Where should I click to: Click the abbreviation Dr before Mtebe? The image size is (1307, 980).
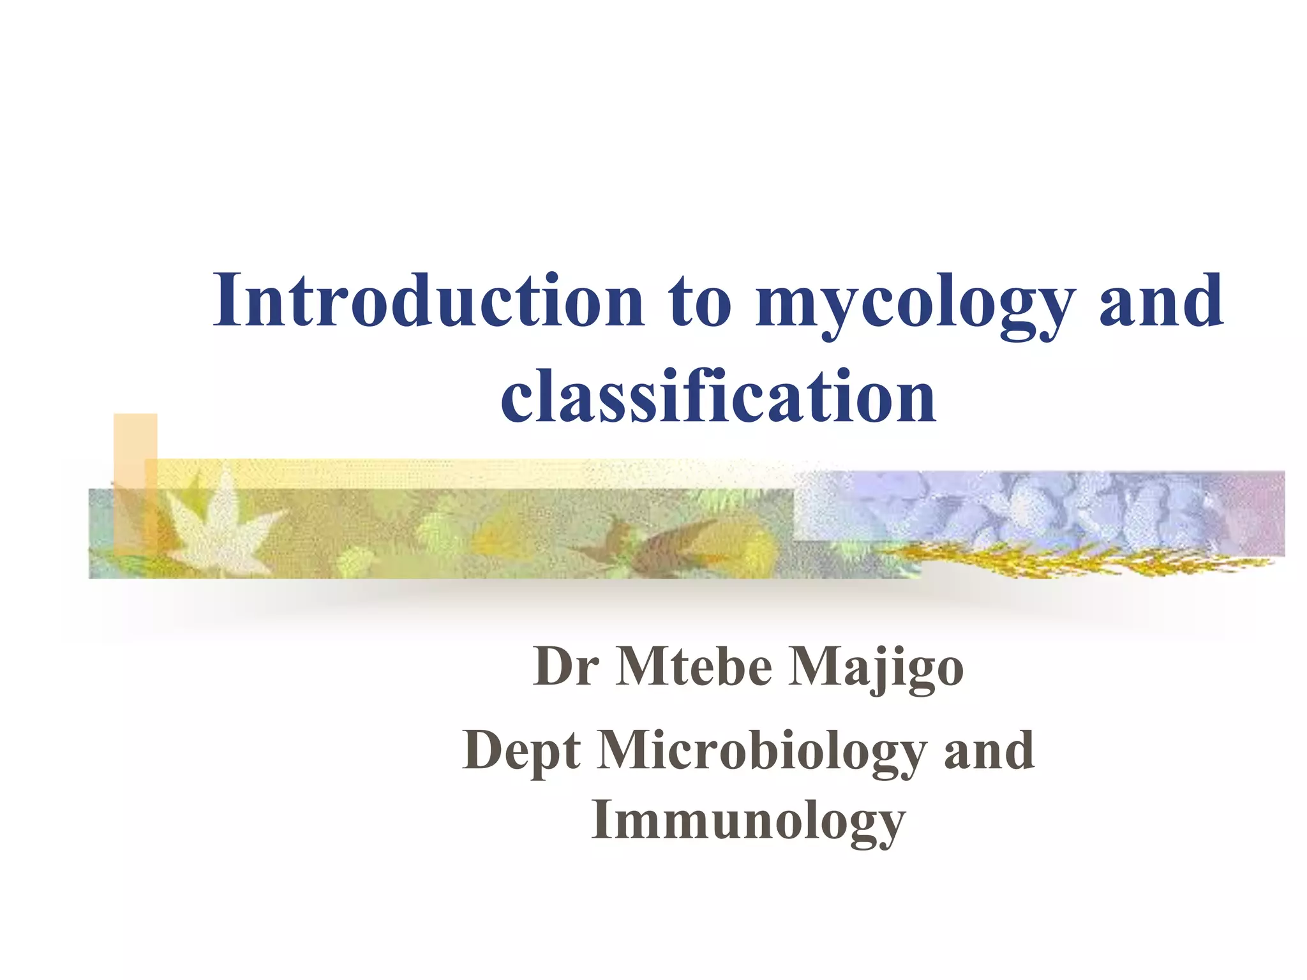tap(565, 667)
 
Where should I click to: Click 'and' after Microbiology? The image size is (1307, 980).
tap(989, 751)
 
